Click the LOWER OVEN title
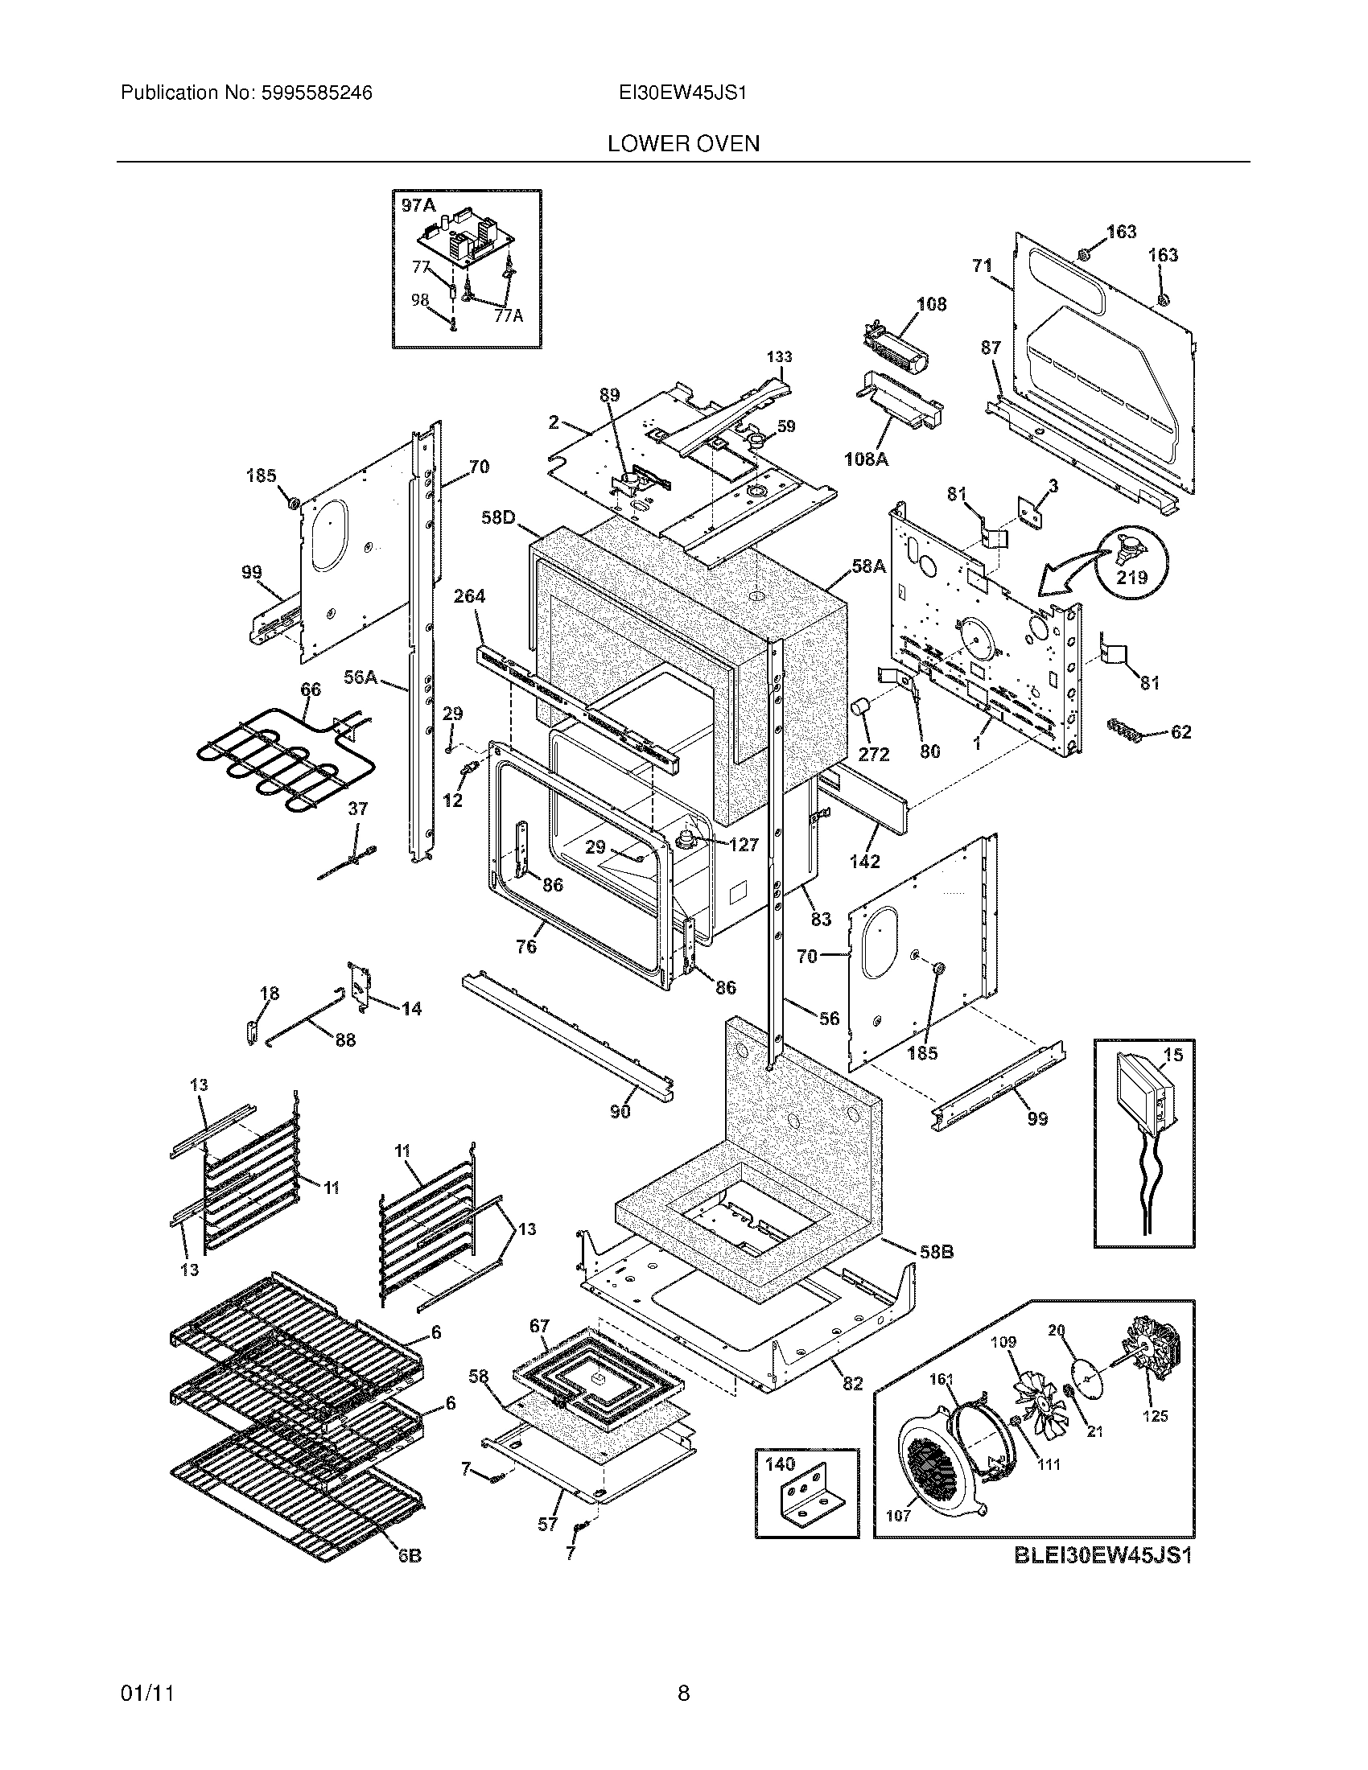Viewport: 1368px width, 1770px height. point(683,144)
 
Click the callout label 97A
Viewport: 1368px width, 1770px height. point(418,206)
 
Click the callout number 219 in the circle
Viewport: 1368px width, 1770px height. point(1131,577)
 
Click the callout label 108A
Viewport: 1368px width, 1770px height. point(867,459)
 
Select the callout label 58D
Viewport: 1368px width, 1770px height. point(498,517)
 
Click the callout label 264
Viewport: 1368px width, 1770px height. point(469,596)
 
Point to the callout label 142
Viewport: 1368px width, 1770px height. point(865,862)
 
